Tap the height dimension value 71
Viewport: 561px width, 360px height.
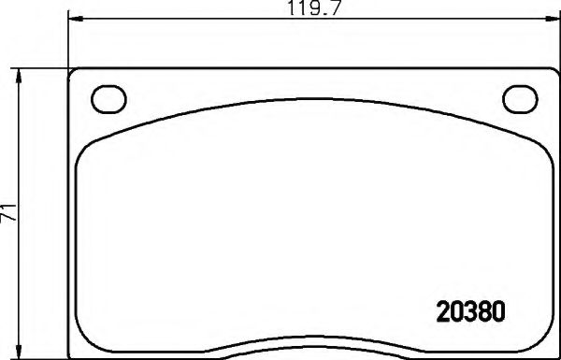(x=9, y=214)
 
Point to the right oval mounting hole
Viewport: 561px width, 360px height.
(x=517, y=97)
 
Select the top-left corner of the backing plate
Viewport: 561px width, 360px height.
(x=73, y=72)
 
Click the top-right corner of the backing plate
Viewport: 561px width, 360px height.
(x=554, y=72)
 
